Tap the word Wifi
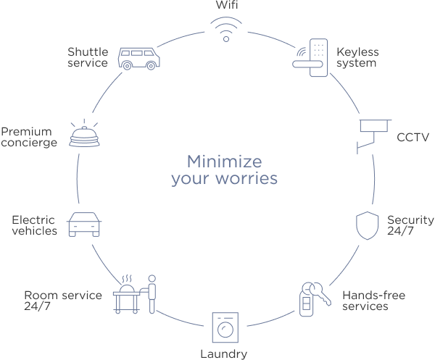[225, 5]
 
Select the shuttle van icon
[139, 57]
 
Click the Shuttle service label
[88, 57]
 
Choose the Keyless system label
[356, 57]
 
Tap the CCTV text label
[413, 136]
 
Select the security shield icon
[367, 225]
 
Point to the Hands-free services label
[373, 301]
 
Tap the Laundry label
[224, 354]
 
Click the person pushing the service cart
[152, 293]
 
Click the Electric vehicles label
[34, 225]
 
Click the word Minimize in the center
[225, 160]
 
